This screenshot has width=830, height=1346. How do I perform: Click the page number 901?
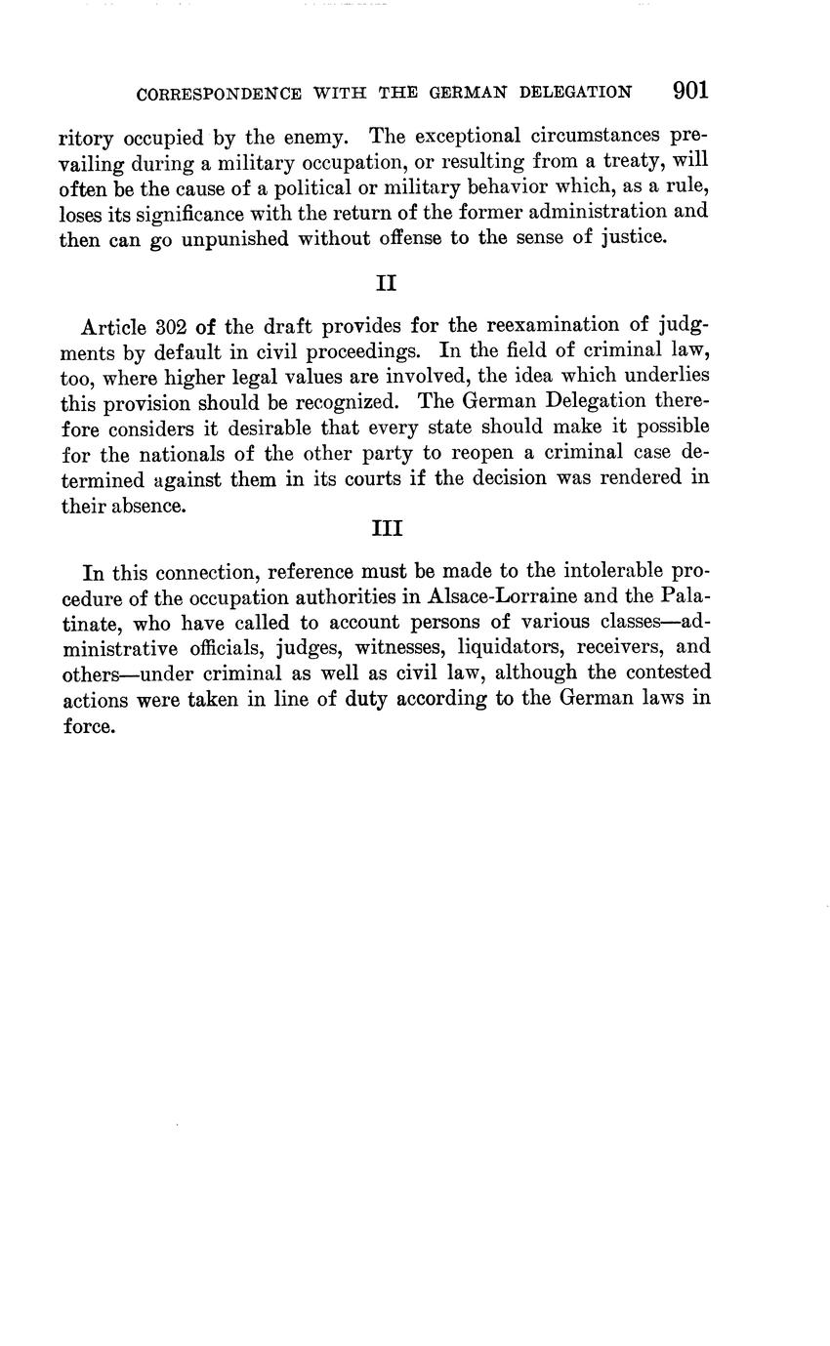coord(689,91)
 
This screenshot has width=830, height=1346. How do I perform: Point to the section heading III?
coord(388,528)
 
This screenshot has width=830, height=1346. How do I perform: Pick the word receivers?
coord(618,647)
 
